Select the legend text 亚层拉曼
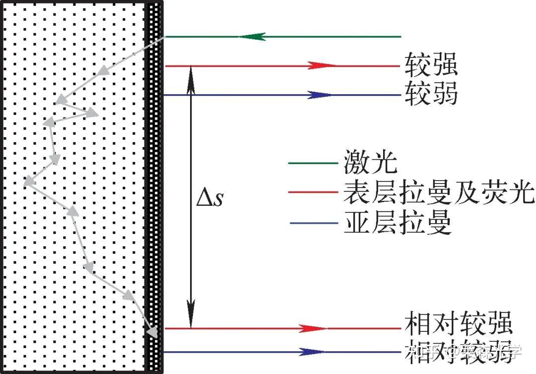[x=397, y=223]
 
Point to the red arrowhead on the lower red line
[x=314, y=328]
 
